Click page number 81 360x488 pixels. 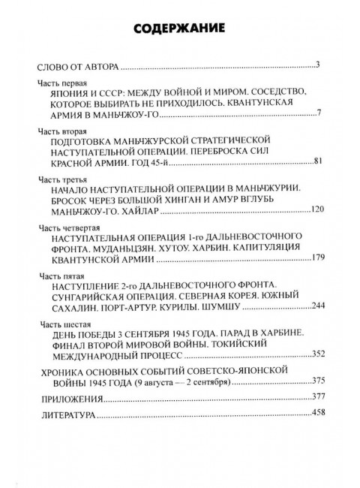click(316, 161)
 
